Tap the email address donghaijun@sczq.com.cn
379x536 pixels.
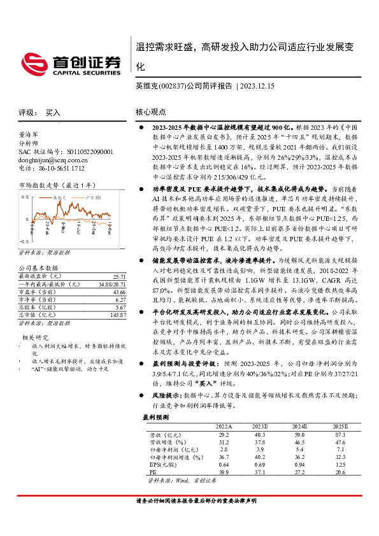pyautogui.click(x=46, y=161)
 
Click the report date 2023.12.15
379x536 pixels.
pyautogui.click(x=259, y=85)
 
